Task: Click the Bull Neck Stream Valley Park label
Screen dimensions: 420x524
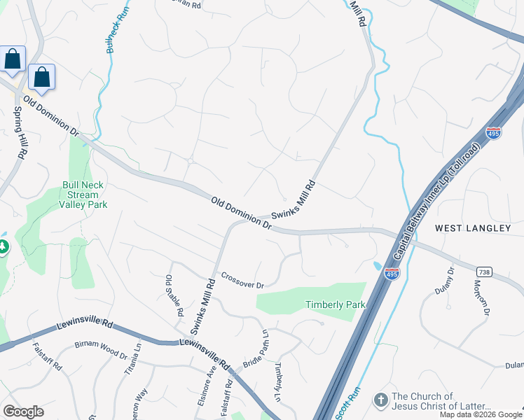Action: point(83,195)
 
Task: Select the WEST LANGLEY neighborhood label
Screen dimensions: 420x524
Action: point(472,228)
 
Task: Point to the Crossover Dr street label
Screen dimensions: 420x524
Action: point(242,280)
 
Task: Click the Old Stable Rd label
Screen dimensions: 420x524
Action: point(174,295)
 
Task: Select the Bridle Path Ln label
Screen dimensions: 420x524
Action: point(255,350)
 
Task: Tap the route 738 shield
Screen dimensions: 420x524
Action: point(483,271)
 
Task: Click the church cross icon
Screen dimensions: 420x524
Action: point(380,400)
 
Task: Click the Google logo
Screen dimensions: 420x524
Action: point(23,412)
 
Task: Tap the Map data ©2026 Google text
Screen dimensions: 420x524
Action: point(481,414)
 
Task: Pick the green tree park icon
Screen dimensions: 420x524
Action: point(3,247)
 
